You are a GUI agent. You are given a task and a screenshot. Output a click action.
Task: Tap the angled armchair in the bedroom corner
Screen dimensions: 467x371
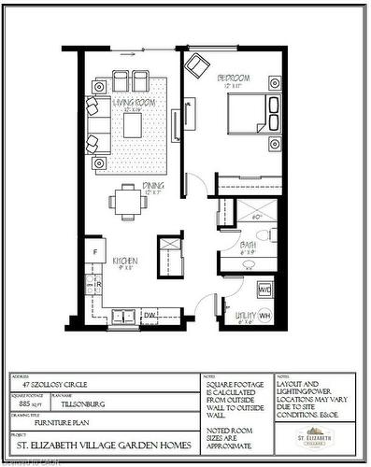pyautogui.click(x=197, y=66)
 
